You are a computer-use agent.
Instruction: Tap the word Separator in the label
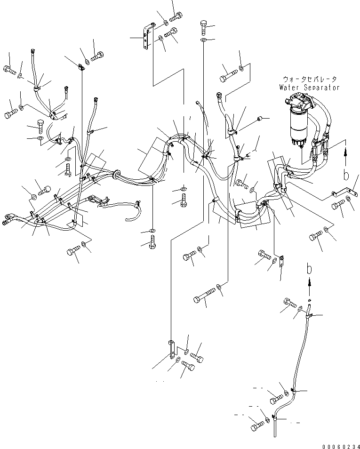[x=319, y=88]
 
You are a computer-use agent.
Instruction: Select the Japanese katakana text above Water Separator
[x=306, y=80]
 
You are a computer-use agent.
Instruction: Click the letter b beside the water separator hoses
[x=346, y=176]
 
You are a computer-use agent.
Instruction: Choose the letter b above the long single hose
[x=309, y=270]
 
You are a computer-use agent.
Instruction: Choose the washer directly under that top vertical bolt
[x=204, y=41]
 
